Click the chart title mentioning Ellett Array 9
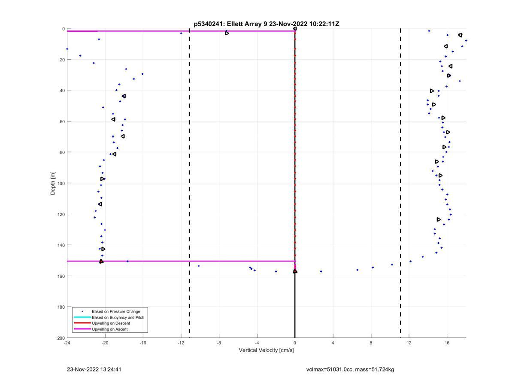point(266,24)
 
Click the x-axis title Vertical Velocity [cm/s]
point(266,350)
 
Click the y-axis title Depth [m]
point(53,183)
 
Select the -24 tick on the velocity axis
point(67,343)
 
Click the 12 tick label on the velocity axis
point(409,343)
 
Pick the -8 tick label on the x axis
point(219,343)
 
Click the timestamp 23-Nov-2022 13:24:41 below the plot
point(91,369)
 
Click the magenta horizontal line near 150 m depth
point(197,261)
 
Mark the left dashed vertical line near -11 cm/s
point(189,172)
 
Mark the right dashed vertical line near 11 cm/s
point(400,172)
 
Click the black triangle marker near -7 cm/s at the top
point(227,33)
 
